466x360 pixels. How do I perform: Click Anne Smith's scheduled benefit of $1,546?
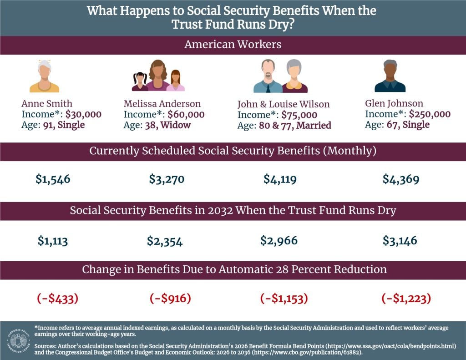tap(53, 179)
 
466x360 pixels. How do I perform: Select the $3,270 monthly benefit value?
tap(167, 179)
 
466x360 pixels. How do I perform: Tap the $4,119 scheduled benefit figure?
tap(280, 179)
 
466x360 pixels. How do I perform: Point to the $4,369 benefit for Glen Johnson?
tap(400, 179)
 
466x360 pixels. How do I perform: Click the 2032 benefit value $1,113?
tap(52, 240)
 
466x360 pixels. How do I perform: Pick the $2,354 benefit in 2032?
tap(165, 241)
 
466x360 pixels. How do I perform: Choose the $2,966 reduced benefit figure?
tap(279, 240)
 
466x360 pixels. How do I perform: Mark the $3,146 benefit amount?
tap(400, 240)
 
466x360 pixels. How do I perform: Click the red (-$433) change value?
tap(57, 299)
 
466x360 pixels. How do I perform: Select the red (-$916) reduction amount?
tap(170, 299)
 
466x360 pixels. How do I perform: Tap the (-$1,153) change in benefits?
tap(284, 299)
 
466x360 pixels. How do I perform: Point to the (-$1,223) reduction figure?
tap(406, 299)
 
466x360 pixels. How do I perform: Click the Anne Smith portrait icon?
tap(44, 76)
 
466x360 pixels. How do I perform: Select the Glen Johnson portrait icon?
tap(390, 76)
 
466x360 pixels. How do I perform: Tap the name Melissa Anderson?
tap(162, 104)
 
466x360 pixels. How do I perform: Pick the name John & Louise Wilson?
tap(283, 104)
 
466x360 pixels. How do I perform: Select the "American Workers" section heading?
tap(233, 45)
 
